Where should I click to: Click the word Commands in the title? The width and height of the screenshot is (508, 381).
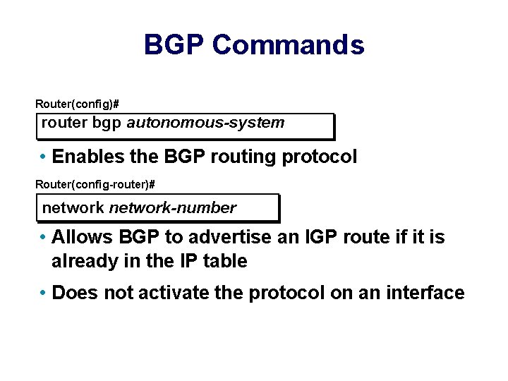coord(288,45)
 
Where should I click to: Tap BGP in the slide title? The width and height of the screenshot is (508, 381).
coord(174,45)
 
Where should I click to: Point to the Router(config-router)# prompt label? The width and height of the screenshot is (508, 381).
coord(95,184)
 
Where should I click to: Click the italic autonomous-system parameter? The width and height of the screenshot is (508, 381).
coord(205,123)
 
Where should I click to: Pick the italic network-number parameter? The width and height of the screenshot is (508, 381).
coord(172,208)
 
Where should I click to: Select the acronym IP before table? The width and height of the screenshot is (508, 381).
coord(187,261)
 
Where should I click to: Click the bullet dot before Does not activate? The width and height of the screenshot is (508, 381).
coord(44,293)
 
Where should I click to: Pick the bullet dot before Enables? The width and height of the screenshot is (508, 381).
coord(44,156)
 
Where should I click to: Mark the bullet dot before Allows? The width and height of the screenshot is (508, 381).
coord(44,236)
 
